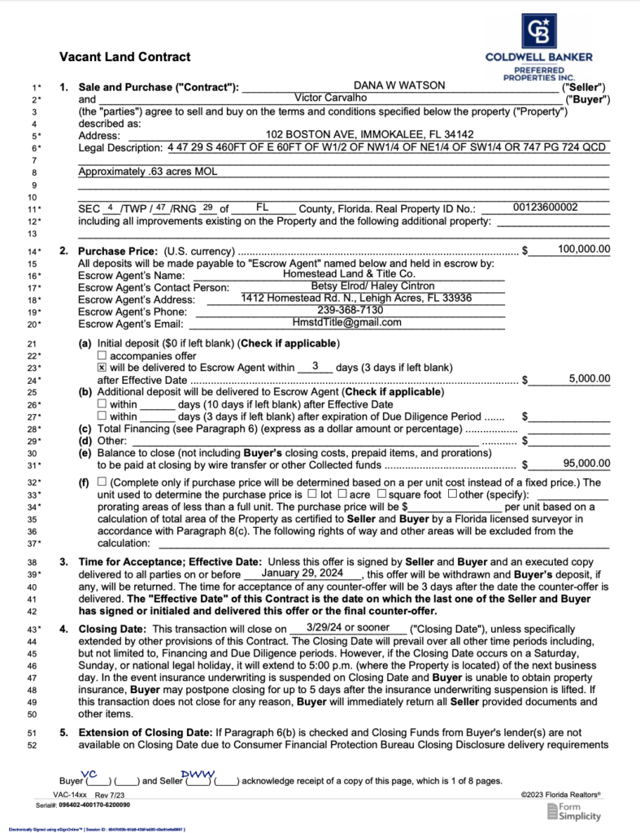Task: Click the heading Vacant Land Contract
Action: click(125, 57)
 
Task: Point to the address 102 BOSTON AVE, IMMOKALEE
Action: click(370, 134)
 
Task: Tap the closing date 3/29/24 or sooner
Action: click(349, 627)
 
